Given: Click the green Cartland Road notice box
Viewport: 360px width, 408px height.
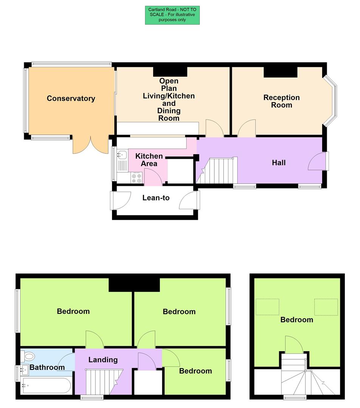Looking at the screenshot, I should click(x=172, y=15).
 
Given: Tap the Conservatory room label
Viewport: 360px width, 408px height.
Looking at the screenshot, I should click(x=71, y=99).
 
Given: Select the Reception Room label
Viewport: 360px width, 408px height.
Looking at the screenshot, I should click(x=281, y=101).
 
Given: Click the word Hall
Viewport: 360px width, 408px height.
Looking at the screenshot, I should click(x=279, y=163).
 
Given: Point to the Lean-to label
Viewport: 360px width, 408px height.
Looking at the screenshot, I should click(x=156, y=198).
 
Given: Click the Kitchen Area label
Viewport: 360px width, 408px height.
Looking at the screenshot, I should click(x=149, y=160).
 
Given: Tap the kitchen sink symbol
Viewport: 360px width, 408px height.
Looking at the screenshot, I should click(x=122, y=154).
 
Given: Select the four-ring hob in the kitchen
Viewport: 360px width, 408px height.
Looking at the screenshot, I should click(x=136, y=178).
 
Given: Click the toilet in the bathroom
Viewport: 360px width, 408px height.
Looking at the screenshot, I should click(x=29, y=355).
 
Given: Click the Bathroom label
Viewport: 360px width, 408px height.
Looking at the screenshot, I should click(x=47, y=367).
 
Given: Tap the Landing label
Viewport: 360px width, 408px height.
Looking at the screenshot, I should click(x=103, y=360).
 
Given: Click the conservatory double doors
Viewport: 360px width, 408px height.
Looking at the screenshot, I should click(x=90, y=145).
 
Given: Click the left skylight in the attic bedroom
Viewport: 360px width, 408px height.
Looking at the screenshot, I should click(x=267, y=307).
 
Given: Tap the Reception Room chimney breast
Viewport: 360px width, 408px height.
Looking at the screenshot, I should click(x=280, y=72).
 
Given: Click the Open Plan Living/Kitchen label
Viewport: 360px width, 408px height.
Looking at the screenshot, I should click(x=169, y=100).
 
